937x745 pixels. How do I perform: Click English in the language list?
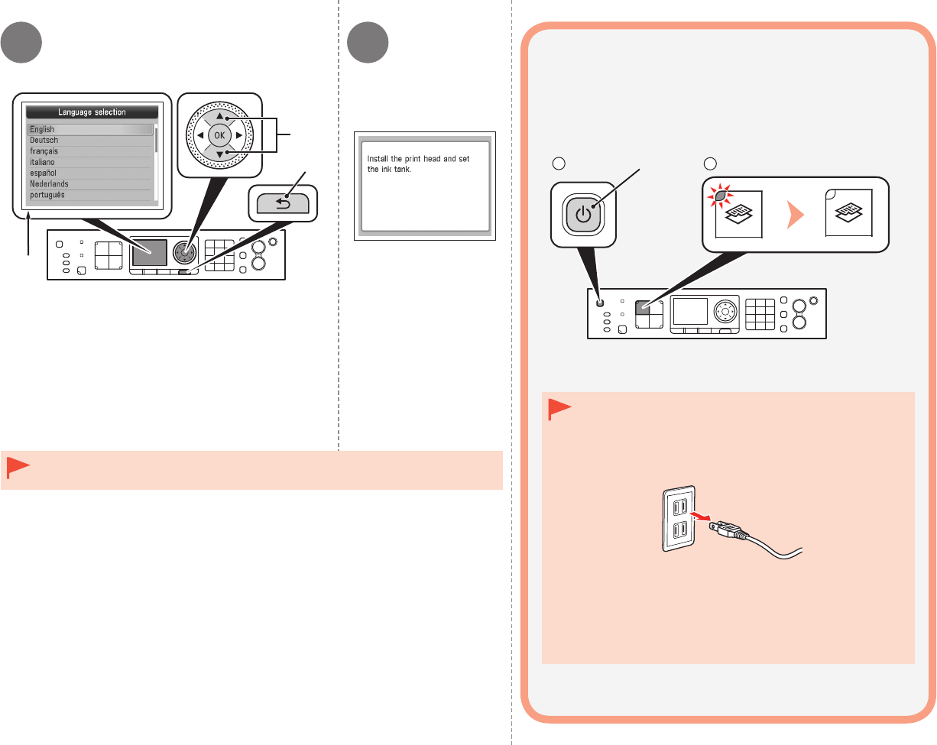[43, 130]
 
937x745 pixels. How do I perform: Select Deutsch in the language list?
[44, 141]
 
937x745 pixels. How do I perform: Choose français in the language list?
[44, 151]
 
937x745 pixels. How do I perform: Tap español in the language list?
[44, 173]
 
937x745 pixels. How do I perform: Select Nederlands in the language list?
[49, 184]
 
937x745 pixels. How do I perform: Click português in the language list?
[47, 195]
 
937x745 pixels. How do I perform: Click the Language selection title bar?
[92, 112]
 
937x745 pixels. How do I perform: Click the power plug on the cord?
[723, 526]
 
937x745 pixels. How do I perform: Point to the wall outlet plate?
[678, 518]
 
